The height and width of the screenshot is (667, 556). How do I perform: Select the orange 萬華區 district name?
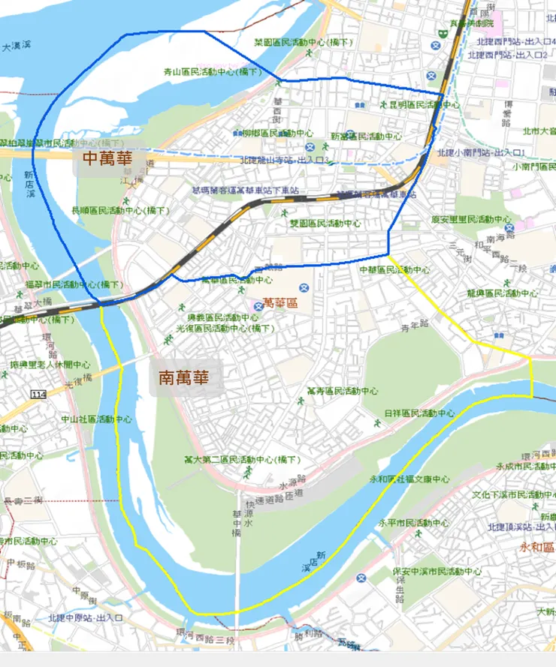click(281, 304)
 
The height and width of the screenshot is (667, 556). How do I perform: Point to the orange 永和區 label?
click(537, 547)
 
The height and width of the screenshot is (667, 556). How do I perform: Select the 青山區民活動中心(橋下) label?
click(213, 73)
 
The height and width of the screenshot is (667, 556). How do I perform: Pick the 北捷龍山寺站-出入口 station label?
click(286, 161)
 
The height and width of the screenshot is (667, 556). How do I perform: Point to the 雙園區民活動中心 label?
click(326, 224)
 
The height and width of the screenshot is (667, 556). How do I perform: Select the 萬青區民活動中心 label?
click(343, 391)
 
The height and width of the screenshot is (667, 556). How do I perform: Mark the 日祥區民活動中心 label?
click(419, 413)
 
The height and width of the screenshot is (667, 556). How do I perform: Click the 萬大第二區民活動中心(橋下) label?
click(242, 459)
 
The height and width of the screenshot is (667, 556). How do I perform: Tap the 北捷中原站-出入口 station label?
click(85, 617)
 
